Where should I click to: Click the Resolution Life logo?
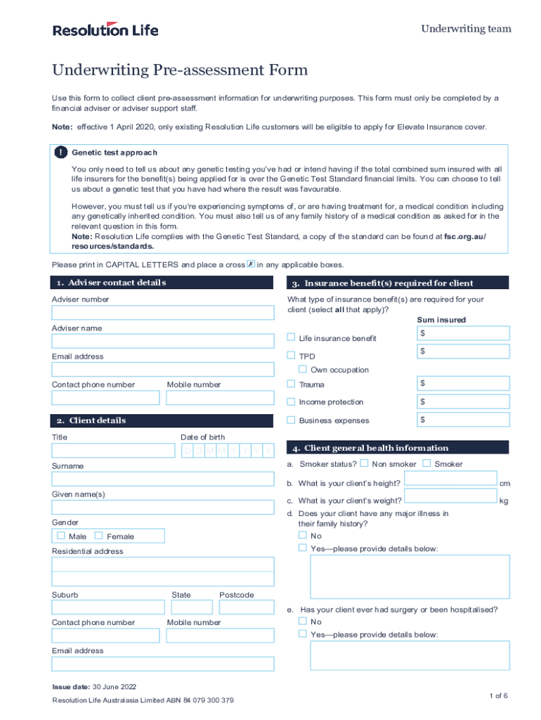(105, 30)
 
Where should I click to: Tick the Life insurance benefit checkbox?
(291, 337)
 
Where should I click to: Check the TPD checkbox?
(291, 356)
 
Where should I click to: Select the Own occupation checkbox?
(303, 369)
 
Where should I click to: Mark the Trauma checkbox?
(291, 384)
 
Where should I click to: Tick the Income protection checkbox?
(291, 401)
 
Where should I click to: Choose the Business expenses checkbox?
(291, 420)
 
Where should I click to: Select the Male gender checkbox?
(61, 536)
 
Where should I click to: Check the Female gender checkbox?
(98, 536)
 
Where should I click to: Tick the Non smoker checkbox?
(364, 463)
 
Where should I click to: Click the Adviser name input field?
(163, 341)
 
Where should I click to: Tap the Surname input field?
(163, 479)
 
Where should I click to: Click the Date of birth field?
(227, 451)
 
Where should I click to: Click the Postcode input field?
(246, 608)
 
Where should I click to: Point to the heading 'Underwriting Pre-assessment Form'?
(180, 70)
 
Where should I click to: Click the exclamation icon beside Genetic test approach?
(61, 153)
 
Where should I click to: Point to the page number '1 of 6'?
(498, 695)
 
